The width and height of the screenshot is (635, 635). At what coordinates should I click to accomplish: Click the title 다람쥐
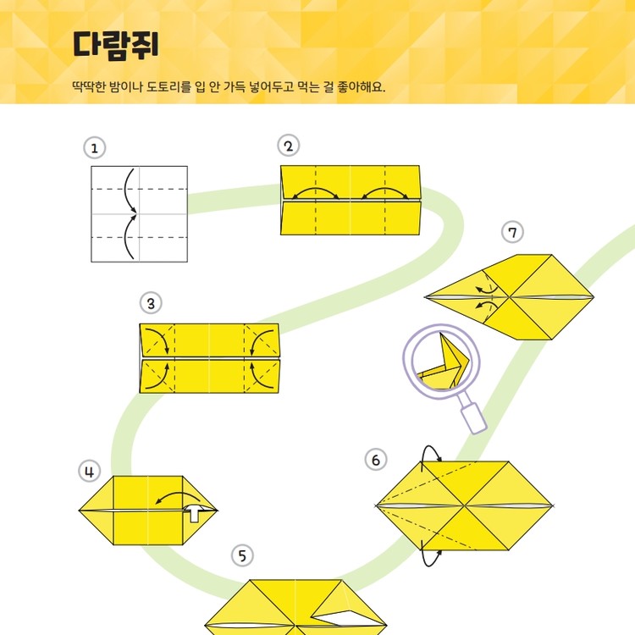tap(116, 44)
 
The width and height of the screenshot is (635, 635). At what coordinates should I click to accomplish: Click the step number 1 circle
tap(95, 148)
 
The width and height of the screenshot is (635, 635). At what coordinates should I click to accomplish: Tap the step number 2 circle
tap(289, 146)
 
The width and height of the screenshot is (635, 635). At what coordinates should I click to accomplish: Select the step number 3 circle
tap(151, 303)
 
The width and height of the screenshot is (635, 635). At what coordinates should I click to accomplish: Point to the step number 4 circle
tap(90, 471)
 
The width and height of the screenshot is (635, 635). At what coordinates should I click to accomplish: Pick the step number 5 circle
tap(243, 555)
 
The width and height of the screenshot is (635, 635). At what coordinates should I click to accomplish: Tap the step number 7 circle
tap(512, 232)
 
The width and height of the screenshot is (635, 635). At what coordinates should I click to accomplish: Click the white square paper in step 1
tap(139, 213)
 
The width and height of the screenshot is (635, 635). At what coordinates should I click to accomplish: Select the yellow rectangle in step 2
tap(351, 200)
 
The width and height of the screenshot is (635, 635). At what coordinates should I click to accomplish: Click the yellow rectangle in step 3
tap(209, 357)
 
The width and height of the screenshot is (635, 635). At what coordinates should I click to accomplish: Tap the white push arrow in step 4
tap(196, 512)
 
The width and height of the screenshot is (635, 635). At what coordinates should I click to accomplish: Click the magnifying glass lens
tap(440, 359)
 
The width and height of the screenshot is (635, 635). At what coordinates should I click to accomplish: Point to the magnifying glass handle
tap(475, 418)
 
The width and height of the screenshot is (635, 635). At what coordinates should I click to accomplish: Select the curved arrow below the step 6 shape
tap(432, 556)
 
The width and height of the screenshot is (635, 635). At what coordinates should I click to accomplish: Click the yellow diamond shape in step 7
tap(509, 297)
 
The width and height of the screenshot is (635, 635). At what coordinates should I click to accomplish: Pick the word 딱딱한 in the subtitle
tap(91, 87)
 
